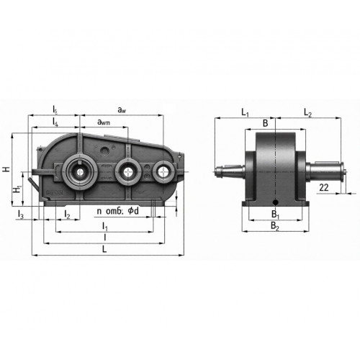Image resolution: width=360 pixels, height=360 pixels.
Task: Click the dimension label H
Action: tap(6, 169)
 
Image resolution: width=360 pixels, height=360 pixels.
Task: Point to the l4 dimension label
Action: tap(55, 122)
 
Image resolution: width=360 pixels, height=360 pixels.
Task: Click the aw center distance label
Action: tap(122, 110)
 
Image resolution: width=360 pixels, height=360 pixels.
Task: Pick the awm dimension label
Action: tap(104, 122)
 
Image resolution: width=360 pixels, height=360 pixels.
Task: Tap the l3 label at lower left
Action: tap(21, 214)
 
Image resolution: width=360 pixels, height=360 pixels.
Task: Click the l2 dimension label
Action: tap(67, 214)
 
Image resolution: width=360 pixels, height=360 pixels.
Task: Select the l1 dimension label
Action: tap(105, 226)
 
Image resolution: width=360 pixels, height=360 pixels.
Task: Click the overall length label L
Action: tap(104, 249)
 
